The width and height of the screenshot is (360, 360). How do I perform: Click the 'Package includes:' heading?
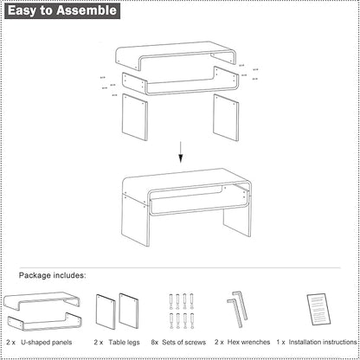[x=53, y=275]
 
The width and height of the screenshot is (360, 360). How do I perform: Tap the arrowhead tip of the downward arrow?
[x=181, y=160]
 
